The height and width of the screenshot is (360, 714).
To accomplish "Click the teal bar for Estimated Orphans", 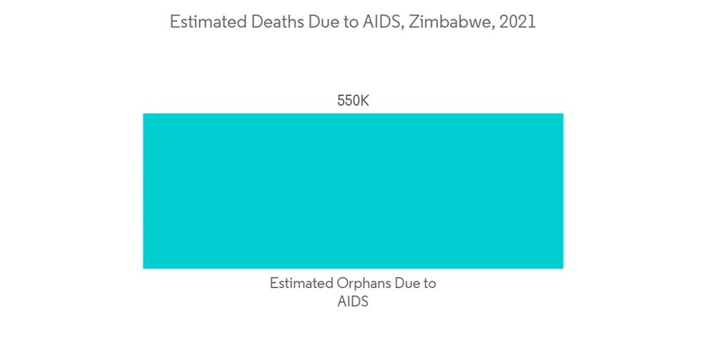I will [353, 191].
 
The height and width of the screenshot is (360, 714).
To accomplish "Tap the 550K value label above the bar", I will [353, 101].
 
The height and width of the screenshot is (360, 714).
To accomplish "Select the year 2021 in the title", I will [518, 22].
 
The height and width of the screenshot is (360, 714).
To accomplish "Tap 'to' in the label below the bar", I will [429, 284].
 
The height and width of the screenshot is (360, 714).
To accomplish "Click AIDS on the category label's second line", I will [353, 301].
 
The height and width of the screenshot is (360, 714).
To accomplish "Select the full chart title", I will [353, 22].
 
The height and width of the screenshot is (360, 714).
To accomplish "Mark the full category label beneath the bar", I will [353, 292].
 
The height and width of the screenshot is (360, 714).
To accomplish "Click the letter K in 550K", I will [364, 101].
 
